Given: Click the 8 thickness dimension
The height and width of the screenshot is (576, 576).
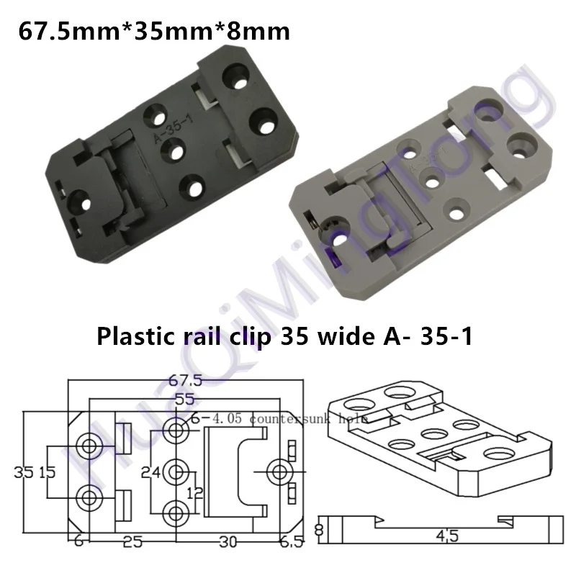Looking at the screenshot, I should [x=320, y=531].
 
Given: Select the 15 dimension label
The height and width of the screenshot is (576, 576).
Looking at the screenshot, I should [x=47, y=472].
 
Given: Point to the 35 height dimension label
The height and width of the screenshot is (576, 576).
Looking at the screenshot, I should [x=24, y=472].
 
